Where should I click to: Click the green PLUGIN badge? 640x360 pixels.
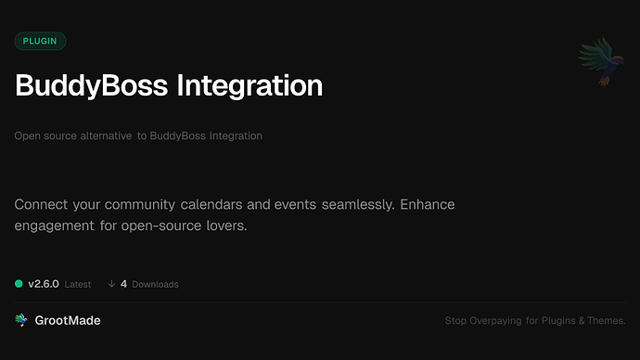pos(40,41)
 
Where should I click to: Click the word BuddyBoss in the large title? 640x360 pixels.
pos(91,86)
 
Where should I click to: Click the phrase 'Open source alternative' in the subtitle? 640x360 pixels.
pos(72,136)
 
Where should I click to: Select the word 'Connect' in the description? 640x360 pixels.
pos(45,204)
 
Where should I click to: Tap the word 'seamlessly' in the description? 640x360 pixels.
pos(357,204)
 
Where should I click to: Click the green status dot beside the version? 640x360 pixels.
pos(19,284)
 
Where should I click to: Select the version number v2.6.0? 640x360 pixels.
pos(44,284)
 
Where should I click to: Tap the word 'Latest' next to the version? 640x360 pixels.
pos(78,285)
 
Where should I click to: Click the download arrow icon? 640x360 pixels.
pos(111,284)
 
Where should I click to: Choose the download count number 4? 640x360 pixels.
pos(123,284)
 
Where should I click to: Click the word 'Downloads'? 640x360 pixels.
pos(155,285)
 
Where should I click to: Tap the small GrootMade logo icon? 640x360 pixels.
pos(21,320)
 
